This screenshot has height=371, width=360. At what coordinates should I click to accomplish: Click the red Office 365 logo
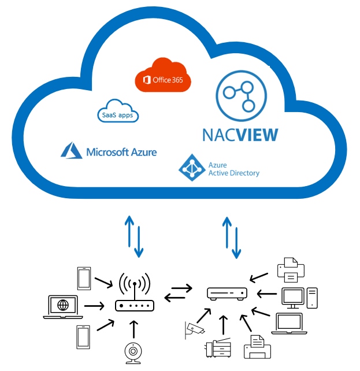(x=162, y=80)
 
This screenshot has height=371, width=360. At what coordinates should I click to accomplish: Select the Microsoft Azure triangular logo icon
(x=72, y=151)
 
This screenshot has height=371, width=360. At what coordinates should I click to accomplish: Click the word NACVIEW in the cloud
(x=239, y=135)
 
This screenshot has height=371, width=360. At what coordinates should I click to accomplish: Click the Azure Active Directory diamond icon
(x=189, y=166)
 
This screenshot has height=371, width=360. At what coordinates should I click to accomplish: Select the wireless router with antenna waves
(x=135, y=295)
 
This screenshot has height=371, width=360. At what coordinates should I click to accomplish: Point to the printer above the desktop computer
(x=291, y=268)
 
